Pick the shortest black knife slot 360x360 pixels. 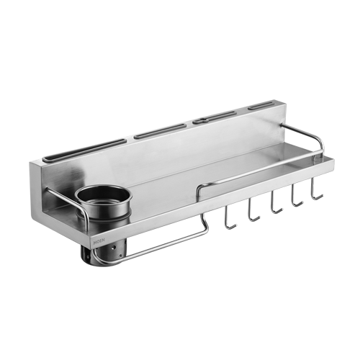click(x=264, y=108)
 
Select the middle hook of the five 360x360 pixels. click(x=275, y=204)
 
